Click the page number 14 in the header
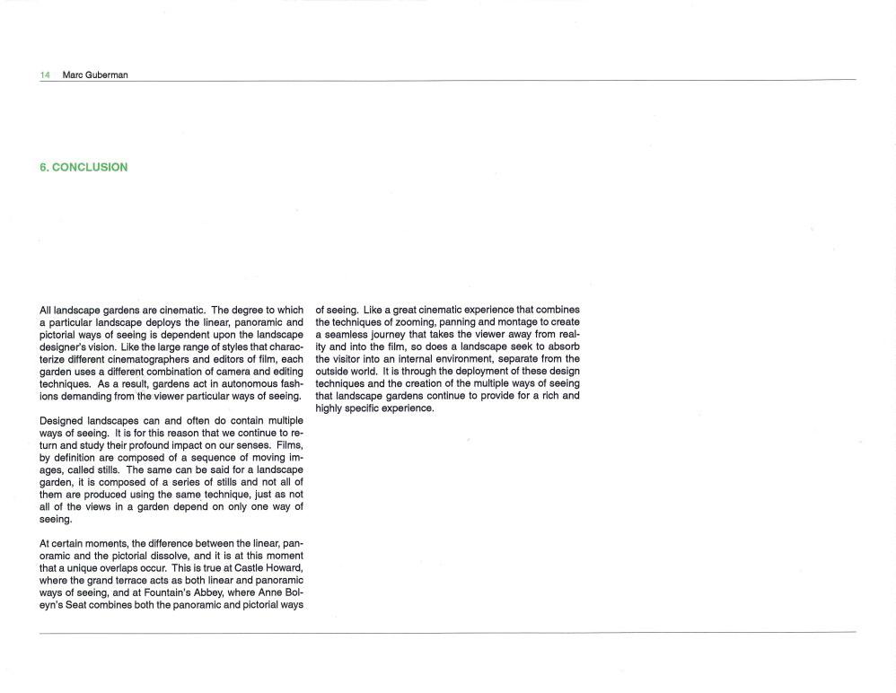pyautogui.click(x=45, y=75)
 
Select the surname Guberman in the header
pyautogui.click(x=108, y=75)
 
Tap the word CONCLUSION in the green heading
pyautogui.click(x=90, y=167)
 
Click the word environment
pyautogui.click(x=456, y=359)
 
